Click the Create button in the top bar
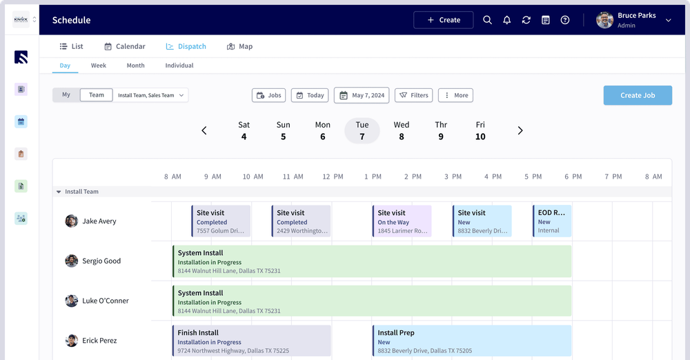(443, 20)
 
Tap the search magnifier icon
(487, 20)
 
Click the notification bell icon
(506, 20)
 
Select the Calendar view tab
(124, 46)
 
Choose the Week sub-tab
(99, 66)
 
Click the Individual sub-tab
(179, 66)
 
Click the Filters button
(413, 95)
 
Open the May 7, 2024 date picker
(362, 95)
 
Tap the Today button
(309, 95)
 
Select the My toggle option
(66, 95)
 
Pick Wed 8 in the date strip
(402, 130)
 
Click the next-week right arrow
(520, 130)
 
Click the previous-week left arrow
(204, 130)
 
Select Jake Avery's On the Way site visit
(402, 221)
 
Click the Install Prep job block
(472, 341)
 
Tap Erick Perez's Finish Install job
(252, 341)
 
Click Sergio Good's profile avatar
(72, 261)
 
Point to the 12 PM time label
(333, 177)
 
